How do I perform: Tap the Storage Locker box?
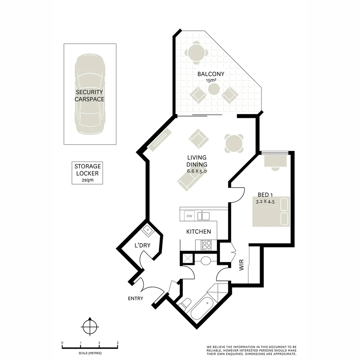tap(87, 173)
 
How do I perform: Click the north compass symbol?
tap(90, 327)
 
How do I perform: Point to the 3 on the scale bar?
tap(117, 343)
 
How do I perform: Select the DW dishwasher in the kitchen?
tap(189, 216)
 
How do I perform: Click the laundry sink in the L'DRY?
tap(147, 230)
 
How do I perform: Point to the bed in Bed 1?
tap(271, 212)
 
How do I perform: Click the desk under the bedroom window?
tap(275, 161)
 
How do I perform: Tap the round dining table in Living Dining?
tap(234, 144)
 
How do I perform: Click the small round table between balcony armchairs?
tap(214, 89)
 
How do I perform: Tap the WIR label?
tap(242, 265)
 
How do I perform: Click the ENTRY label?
tap(135, 298)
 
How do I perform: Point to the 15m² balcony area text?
tap(211, 80)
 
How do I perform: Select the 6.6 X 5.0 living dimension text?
tap(197, 171)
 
